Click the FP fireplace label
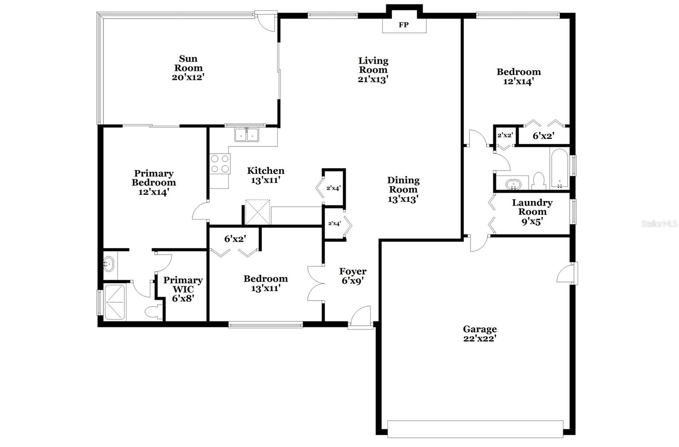point(404,25)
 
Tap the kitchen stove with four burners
point(220,164)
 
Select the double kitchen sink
point(247,135)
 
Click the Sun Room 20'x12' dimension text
point(188,77)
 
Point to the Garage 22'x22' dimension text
point(480,339)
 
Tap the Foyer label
point(353,271)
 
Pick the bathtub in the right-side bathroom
point(560,168)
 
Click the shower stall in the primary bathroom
point(115,302)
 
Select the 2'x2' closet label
point(505,135)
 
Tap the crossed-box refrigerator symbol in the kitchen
point(257,212)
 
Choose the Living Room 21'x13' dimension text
point(373,79)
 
